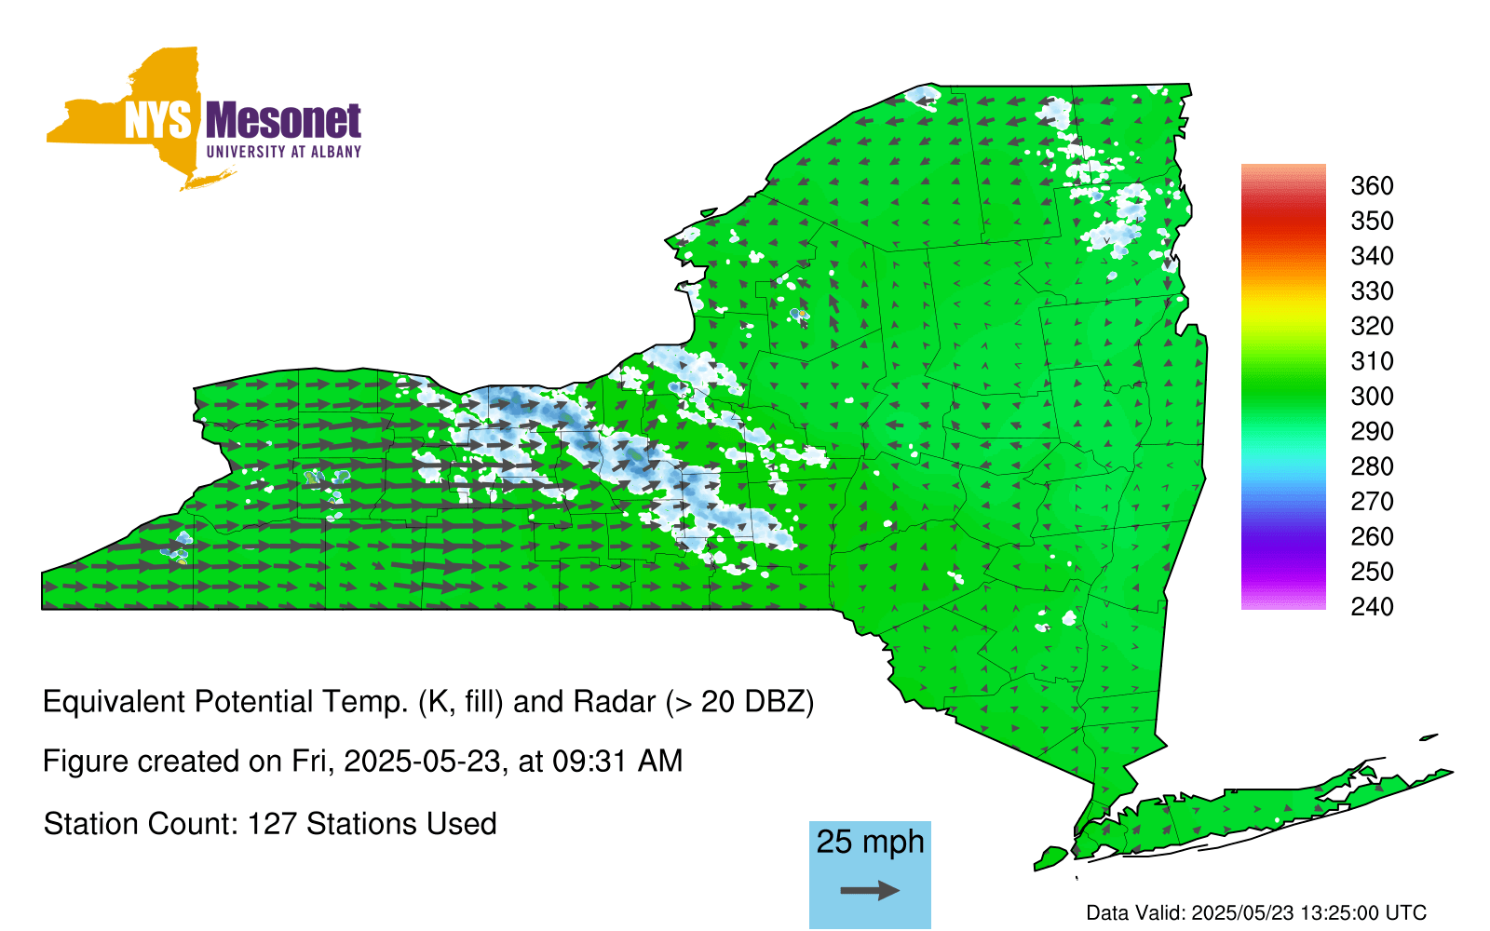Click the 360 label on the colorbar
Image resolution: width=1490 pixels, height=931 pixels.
tap(1372, 185)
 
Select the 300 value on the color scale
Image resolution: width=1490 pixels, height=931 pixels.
tap(1372, 397)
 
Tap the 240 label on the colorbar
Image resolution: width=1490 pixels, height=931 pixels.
tap(1372, 606)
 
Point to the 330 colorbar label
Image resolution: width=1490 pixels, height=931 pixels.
tap(1372, 290)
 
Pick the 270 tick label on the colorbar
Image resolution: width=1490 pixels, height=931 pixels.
tap(1372, 502)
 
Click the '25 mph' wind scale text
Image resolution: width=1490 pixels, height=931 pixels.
tap(870, 843)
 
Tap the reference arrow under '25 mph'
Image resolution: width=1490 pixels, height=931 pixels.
tap(870, 890)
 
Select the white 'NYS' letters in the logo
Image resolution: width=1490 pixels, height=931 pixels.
tap(158, 120)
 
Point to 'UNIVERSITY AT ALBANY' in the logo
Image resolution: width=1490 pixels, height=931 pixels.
tap(284, 152)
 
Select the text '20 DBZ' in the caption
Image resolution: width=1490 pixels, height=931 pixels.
tap(751, 702)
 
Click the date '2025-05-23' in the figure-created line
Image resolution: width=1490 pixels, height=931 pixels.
tap(422, 762)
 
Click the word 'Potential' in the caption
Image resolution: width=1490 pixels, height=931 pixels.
tap(255, 702)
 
